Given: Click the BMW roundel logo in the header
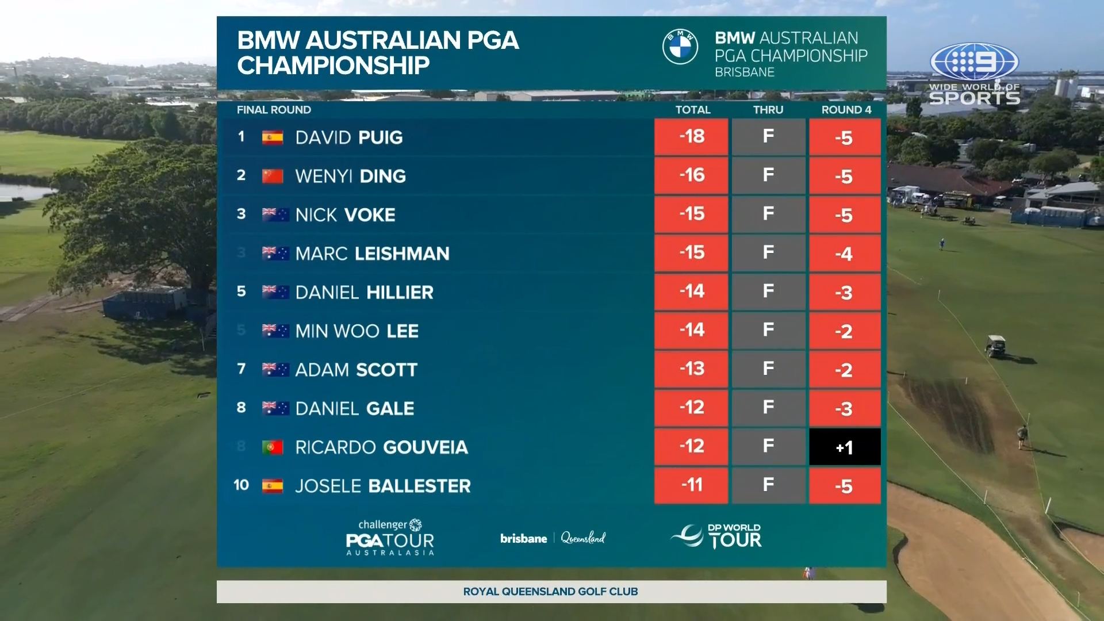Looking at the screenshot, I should point(680,47).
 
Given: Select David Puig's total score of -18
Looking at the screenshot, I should point(691,137).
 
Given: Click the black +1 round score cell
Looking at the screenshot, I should point(844,447).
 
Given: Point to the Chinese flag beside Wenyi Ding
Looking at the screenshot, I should point(273,176).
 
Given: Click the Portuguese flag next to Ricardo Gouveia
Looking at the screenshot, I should point(273,447).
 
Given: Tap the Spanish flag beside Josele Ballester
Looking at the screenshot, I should point(273,486).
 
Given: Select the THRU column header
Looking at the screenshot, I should point(768,110).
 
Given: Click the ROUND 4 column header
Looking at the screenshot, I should point(846,110).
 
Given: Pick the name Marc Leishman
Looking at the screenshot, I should point(372,254).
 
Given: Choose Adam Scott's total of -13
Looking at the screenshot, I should point(691,369).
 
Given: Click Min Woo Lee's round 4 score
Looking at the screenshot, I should point(844,331).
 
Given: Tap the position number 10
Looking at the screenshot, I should point(241,485).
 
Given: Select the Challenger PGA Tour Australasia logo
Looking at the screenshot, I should point(390,537).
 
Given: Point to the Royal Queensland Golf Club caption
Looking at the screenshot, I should point(550,591).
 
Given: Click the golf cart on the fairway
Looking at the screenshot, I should point(996,346).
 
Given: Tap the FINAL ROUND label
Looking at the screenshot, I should point(274,110).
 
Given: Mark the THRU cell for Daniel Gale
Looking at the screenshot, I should point(768,408).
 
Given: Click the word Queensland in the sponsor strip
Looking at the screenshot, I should point(583,538).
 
